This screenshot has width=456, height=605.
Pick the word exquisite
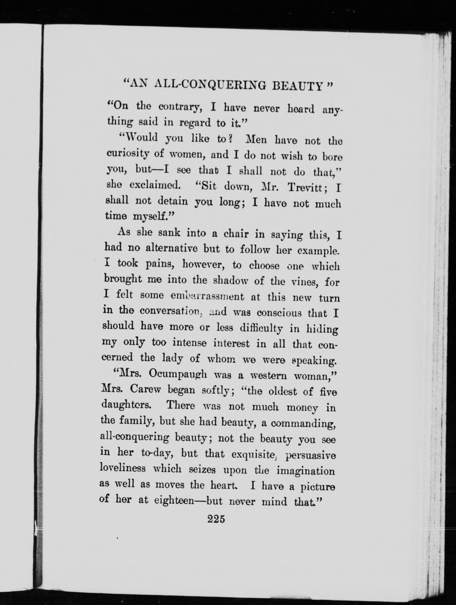click(253, 455)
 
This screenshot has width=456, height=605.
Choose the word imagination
click(306, 471)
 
